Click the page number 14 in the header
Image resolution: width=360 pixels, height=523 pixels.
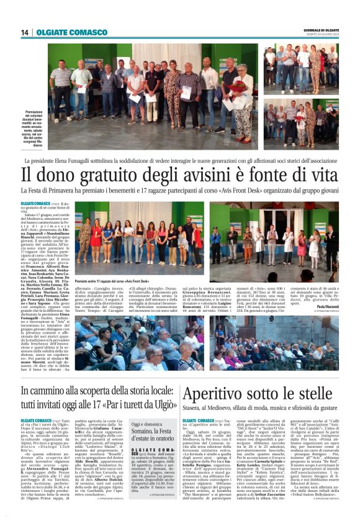pyautogui.click(x=25, y=32)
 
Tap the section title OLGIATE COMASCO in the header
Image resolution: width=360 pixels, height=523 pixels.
pyautogui.click(x=63, y=32)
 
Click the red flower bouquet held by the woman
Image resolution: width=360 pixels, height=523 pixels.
pyautogui.click(x=238, y=86)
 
